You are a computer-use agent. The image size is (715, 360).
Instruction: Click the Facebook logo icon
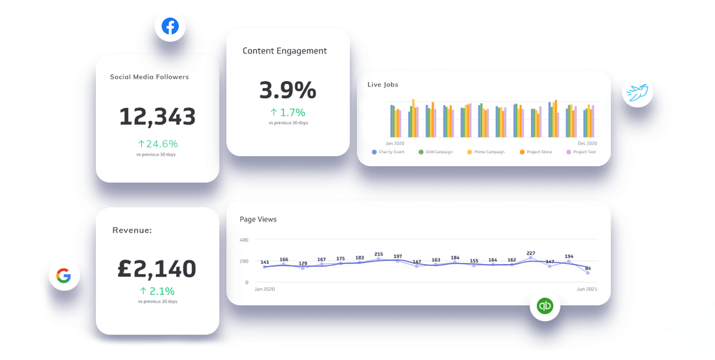pos(170,27)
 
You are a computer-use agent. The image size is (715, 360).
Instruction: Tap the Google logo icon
pos(64,275)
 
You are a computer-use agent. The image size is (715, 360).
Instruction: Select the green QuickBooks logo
pos(545,306)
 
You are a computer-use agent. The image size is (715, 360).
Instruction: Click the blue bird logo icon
pos(638,94)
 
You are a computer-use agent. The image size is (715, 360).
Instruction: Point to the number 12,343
pos(157,117)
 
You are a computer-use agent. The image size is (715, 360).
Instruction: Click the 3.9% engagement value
pos(288,90)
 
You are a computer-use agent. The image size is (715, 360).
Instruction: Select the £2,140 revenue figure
pos(157,269)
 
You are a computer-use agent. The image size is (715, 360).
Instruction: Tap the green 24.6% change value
pos(158,144)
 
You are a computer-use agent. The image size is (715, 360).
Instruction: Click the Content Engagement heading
pos(284,51)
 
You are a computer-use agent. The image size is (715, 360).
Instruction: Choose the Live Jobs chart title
pos(383,85)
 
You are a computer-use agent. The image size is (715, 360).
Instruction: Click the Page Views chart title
pos(258,219)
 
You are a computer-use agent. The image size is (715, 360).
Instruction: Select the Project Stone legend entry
pos(538,152)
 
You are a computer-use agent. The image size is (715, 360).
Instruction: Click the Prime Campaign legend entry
pos(489,152)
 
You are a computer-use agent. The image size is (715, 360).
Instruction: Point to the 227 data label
pos(531,253)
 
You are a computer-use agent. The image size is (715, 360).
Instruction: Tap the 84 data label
pos(588,268)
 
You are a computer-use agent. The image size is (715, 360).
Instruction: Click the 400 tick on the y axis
pos(243,240)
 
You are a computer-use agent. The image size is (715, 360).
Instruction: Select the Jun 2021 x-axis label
pos(587,289)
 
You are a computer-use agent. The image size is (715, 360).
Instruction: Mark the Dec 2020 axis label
pos(587,144)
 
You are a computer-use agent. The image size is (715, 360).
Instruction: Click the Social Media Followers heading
pos(149,77)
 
